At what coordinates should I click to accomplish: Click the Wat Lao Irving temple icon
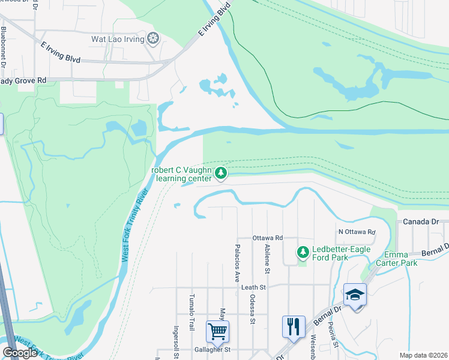[x=154, y=39]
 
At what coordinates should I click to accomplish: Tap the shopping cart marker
[x=217, y=331]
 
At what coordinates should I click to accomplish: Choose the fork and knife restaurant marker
[x=294, y=327]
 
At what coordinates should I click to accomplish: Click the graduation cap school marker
[x=355, y=295]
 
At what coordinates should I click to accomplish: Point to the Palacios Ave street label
[x=237, y=262]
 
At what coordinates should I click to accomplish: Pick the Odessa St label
[x=252, y=308]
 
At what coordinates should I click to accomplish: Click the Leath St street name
[x=253, y=287]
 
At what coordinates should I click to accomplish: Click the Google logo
[x=20, y=353]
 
